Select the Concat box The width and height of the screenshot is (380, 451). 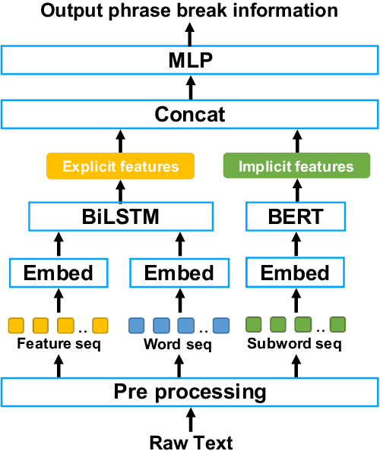189,115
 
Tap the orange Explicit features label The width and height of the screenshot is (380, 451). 121,166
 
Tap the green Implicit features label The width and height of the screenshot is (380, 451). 296,166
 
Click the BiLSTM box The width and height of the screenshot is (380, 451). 121,217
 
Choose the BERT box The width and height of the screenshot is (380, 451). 296,217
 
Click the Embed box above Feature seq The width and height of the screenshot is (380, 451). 59,273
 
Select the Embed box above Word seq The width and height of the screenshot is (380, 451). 180,273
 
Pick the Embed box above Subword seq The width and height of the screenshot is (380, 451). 296,273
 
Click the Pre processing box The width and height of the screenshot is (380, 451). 189,393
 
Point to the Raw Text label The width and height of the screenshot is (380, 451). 190,441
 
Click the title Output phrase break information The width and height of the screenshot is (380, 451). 189,10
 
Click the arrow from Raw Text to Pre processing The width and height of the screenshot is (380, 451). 190,420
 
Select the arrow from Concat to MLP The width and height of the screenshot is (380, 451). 190,88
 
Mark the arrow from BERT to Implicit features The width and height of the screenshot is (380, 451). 296,191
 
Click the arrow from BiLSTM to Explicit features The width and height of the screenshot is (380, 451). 121,191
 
